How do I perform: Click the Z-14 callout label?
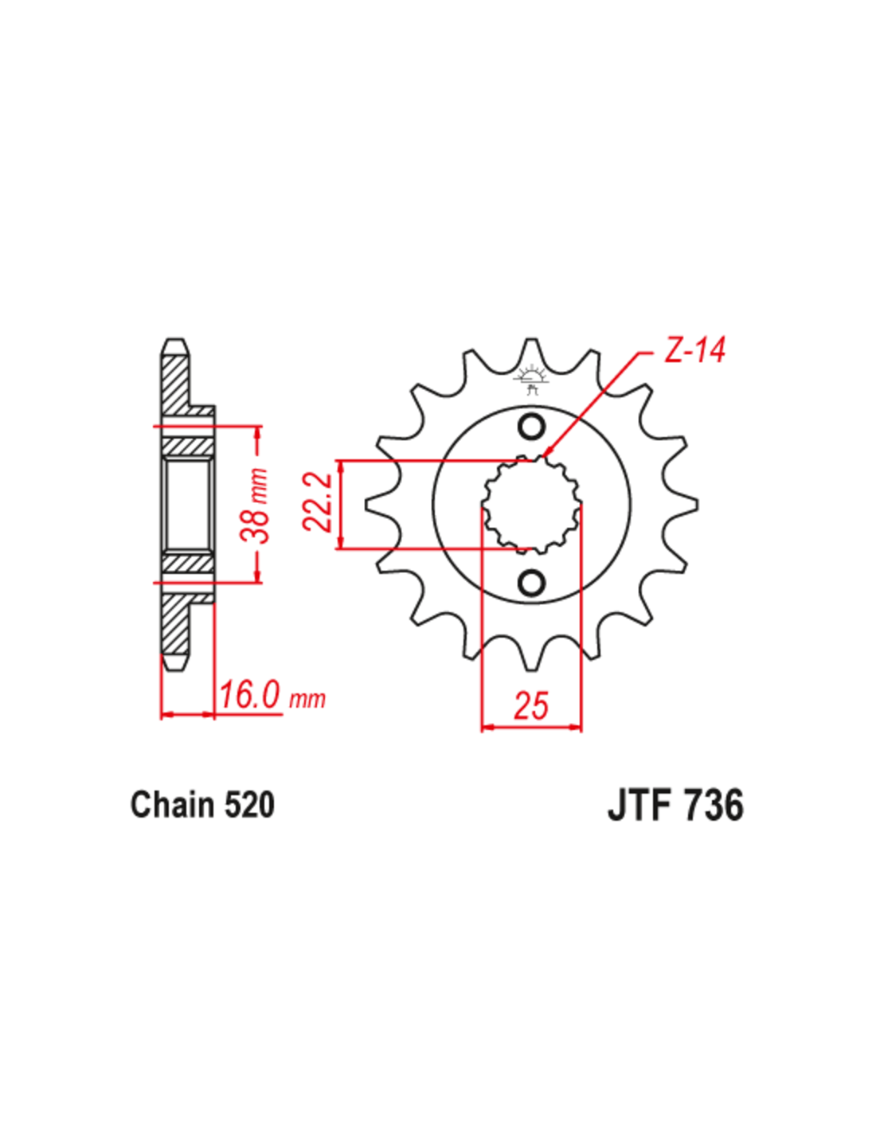coord(693,350)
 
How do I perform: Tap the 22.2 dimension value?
coord(319,502)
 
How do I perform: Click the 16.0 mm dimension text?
coord(272,695)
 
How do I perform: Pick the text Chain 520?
coord(202,804)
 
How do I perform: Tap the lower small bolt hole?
coord(531,584)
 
